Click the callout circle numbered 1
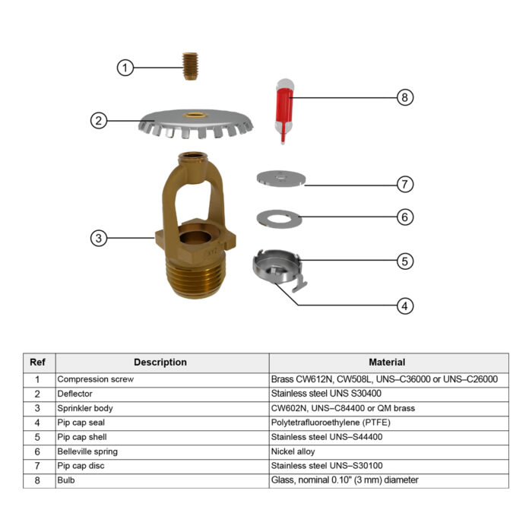coord(125,68)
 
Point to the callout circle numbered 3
coord(98,238)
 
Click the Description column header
coord(160,363)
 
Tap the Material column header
coord(387,363)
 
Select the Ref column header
coord(37,363)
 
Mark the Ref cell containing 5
coord(37,436)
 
